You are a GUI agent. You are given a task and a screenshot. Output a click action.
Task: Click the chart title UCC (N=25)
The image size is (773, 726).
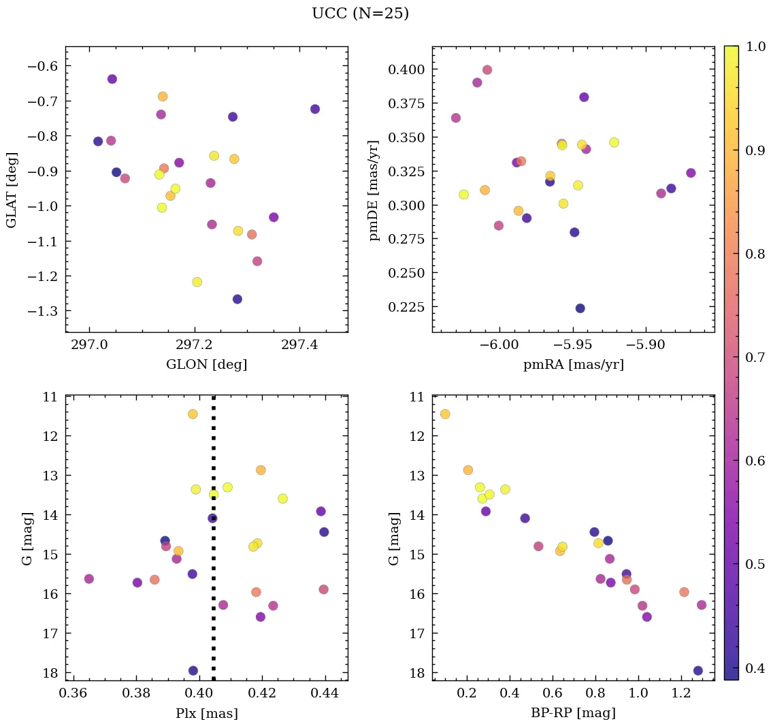[360, 14]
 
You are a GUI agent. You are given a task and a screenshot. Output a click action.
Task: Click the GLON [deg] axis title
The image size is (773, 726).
[206, 365]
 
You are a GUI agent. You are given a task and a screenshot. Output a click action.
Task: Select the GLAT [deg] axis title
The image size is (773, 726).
[12, 190]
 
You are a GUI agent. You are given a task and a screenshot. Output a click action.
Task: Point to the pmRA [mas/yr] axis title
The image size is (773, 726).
[573, 365]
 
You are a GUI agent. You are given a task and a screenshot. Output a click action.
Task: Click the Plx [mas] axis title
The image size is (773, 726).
[206, 714]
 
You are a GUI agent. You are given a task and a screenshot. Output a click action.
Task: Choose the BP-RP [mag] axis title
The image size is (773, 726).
[573, 713]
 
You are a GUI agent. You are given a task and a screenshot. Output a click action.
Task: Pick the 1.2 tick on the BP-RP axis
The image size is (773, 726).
[681, 695]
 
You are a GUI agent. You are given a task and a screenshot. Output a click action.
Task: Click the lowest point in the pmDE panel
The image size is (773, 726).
[580, 308]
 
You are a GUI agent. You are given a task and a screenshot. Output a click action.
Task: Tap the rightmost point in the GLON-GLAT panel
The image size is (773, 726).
[314, 109]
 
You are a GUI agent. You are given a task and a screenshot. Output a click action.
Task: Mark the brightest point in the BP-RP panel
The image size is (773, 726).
[445, 414]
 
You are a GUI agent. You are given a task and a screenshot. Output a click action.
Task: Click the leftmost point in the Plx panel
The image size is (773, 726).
[88, 578]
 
